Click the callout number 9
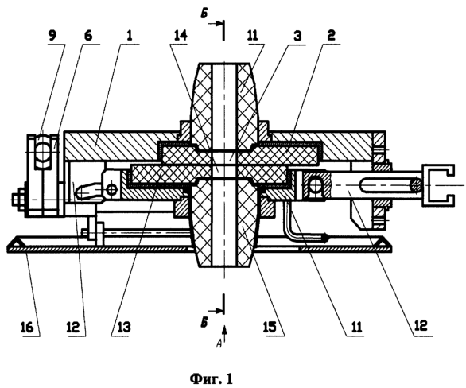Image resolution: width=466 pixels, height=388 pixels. tap(52, 37)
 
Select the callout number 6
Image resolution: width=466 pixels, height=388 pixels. tap(87, 37)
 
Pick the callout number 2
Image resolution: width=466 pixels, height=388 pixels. tap(331, 35)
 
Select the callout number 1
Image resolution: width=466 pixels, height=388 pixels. tap(130, 36)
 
